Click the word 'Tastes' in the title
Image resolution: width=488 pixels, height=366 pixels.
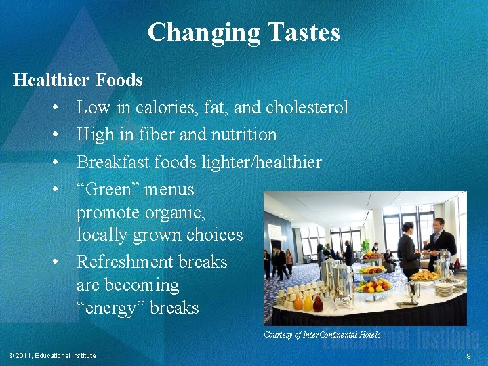pyautogui.click(x=303, y=32)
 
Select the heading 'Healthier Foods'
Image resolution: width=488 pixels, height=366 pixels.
pyautogui.click(x=78, y=80)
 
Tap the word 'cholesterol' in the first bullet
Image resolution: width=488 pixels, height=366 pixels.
pyautogui.click(x=307, y=107)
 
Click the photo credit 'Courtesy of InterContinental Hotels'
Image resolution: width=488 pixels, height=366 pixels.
pyautogui.click(x=322, y=334)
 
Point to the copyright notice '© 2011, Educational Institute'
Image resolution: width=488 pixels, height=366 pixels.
pyautogui.click(x=52, y=356)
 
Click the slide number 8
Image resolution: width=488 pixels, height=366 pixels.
pyautogui.click(x=468, y=356)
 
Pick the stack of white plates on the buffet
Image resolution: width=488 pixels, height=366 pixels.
pyautogui.click(x=443, y=287)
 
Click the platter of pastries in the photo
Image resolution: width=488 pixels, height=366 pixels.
pyautogui.click(x=424, y=275)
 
